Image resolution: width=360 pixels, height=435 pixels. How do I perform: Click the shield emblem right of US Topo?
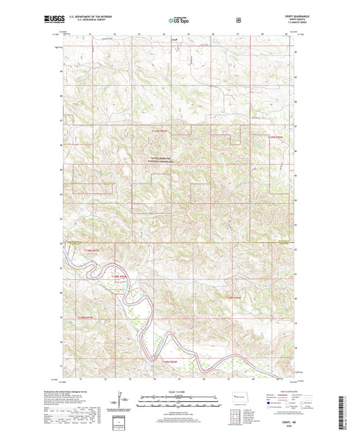[x=238, y=20]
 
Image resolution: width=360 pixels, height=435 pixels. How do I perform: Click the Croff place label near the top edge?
[x=174, y=39]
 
